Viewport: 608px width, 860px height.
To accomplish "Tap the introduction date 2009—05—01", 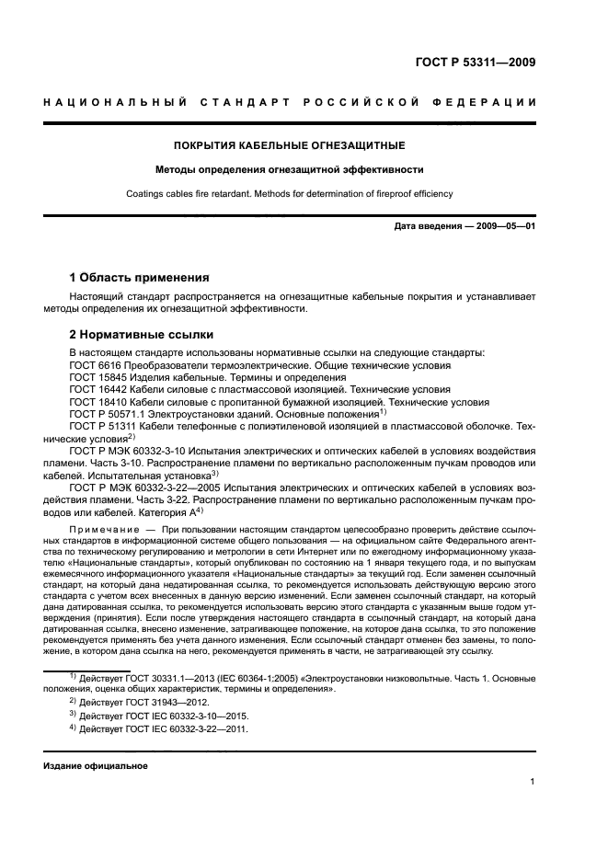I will [x=504, y=226].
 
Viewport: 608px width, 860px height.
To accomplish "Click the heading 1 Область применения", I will [x=141, y=277].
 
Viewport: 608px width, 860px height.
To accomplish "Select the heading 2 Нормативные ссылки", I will [x=142, y=335].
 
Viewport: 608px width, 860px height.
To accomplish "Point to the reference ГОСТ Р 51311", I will [x=102, y=428].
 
